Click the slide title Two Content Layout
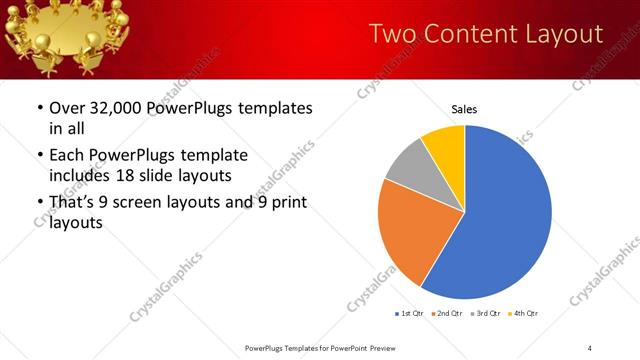click(486, 34)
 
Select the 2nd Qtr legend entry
click(446, 314)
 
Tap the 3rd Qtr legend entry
click(485, 314)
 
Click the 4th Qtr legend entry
click(523, 314)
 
